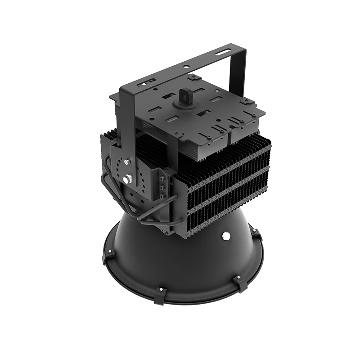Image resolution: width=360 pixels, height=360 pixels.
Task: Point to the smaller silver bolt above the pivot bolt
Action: click(126, 162)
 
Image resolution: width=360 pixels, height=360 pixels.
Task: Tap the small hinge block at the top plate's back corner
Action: click(193, 77)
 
